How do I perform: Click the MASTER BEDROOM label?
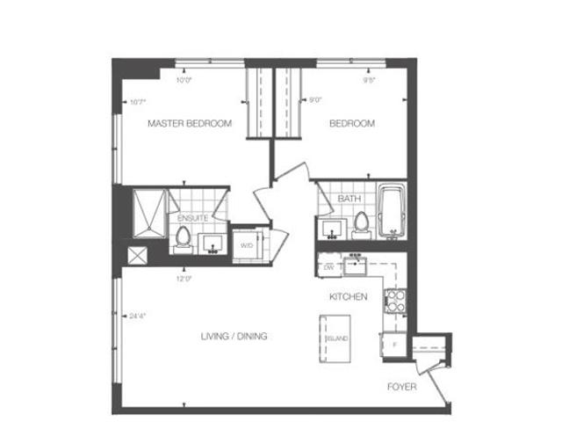[x=190, y=124]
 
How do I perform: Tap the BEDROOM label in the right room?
[x=352, y=124]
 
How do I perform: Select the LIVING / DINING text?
[x=233, y=337]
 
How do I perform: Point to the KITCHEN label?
[x=348, y=297]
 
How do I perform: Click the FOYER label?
[x=401, y=387]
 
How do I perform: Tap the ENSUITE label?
[x=192, y=217]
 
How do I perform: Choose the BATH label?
[x=349, y=200]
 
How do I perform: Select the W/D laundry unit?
[x=247, y=245]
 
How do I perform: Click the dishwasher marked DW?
[x=328, y=266]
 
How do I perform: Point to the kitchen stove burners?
[x=395, y=301]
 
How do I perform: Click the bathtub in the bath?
[x=389, y=211]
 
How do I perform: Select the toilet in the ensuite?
[x=183, y=236]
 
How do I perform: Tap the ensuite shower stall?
[x=148, y=214]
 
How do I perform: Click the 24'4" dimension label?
[x=137, y=316]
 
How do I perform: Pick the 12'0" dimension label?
[x=184, y=278]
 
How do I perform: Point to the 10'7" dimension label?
[x=137, y=101]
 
